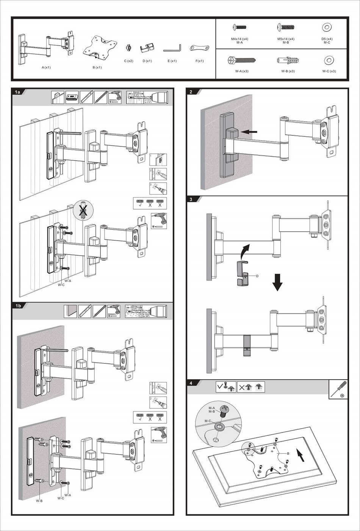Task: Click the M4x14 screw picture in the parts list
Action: (239, 27)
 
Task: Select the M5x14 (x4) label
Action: (286, 39)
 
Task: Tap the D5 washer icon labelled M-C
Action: (327, 27)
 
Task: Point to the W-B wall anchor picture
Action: (288, 60)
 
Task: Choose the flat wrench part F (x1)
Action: (199, 48)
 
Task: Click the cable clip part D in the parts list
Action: (147, 48)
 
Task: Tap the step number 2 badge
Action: (191, 92)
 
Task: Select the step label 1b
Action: (18, 306)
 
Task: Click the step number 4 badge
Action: (191, 383)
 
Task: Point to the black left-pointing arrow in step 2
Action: (249, 132)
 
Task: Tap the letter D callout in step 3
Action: (257, 276)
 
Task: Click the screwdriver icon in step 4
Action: (338, 389)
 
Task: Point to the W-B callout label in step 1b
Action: (39, 501)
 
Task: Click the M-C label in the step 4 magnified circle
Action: (208, 421)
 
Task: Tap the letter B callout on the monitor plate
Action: (288, 454)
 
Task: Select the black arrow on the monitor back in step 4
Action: (301, 454)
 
